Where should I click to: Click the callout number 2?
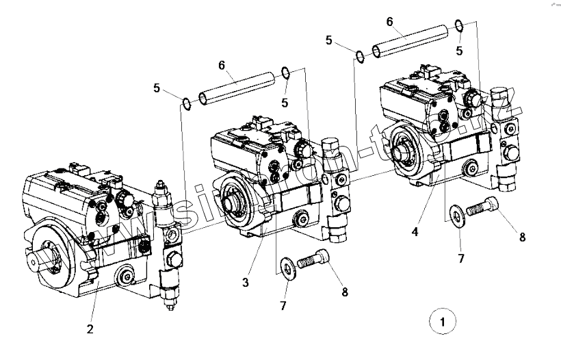[90, 329]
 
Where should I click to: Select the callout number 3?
[244, 281]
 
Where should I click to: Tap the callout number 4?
[415, 232]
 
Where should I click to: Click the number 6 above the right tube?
[389, 21]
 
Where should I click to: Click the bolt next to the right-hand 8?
[484, 206]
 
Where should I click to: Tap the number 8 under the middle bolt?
[345, 292]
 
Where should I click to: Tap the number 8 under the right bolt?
[523, 237]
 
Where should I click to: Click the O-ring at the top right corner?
[460, 27]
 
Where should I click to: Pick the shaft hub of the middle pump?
[232, 203]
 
